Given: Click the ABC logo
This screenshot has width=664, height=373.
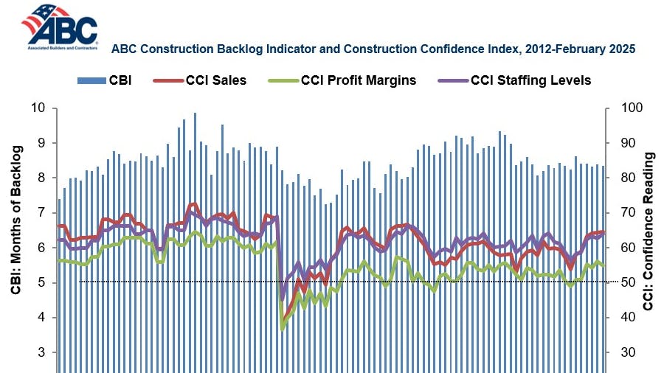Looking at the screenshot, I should pos(59,26).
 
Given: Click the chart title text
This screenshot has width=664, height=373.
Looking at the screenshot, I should pos(373,49).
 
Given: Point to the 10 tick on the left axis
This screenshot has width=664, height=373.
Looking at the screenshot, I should pos(38,108).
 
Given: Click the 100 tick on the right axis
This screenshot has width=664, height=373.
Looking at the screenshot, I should pos(624,108).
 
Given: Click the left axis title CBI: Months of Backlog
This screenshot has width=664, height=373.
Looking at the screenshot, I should pos(15,221).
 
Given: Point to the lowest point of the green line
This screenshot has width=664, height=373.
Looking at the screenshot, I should pos(283,329).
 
